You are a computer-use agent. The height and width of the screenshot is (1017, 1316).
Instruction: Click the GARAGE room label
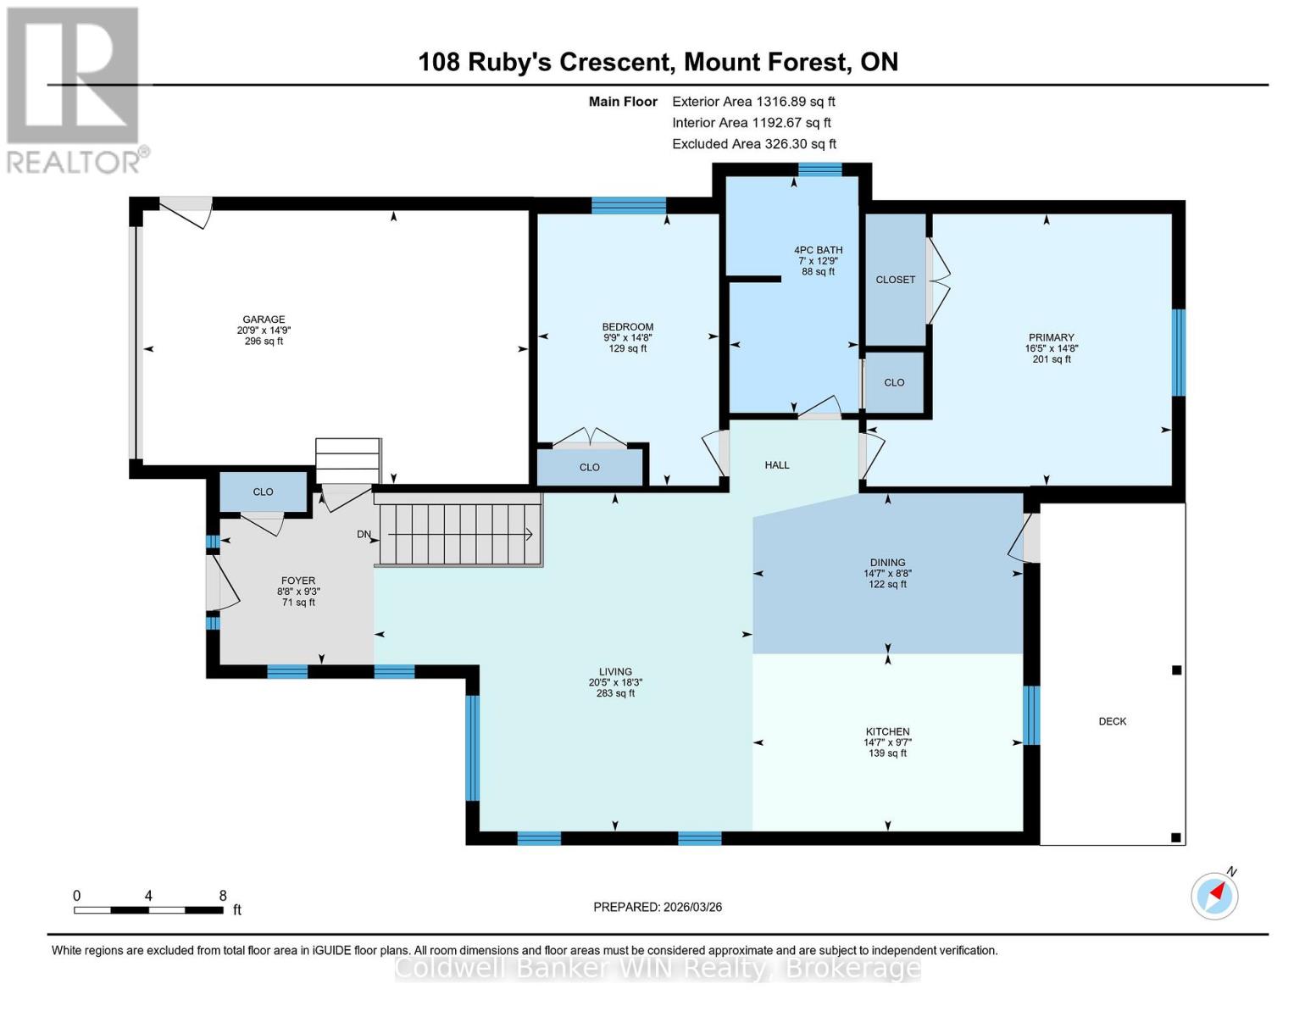(x=264, y=320)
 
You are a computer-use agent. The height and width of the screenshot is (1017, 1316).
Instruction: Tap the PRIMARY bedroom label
(x=1051, y=337)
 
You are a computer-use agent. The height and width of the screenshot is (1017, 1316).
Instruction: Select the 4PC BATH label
(x=818, y=250)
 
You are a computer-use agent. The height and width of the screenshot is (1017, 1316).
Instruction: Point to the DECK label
(x=1112, y=721)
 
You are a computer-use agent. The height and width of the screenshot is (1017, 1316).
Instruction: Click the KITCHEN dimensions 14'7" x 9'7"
(x=887, y=742)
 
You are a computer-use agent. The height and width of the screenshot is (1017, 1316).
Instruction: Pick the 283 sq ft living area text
(x=615, y=693)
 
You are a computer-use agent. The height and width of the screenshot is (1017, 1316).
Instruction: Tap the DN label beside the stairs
(x=364, y=534)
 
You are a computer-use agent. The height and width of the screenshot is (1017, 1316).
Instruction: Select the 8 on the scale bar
(x=223, y=896)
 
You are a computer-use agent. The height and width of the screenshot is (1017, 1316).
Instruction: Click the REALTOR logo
(x=75, y=89)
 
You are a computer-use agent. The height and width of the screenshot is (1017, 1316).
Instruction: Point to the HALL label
(x=776, y=464)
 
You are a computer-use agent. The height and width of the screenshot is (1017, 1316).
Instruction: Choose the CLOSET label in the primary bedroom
(x=895, y=280)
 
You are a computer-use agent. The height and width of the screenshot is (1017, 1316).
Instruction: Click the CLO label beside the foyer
(x=263, y=492)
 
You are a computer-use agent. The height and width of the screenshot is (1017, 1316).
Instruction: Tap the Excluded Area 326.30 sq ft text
(x=753, y=144)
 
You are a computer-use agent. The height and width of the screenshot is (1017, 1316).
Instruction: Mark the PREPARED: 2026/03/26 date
(x=658, y=907)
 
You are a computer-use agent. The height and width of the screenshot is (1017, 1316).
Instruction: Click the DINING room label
(x=887, y=562)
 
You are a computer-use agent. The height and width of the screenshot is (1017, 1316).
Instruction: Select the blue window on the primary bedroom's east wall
(x=1177, y=353)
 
